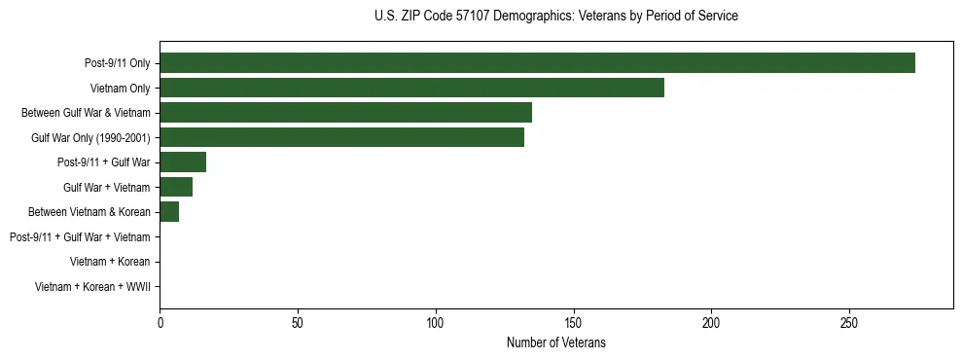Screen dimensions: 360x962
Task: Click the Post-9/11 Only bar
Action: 537,63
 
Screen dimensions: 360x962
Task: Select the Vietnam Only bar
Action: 411,88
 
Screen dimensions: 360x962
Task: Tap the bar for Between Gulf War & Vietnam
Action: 345,113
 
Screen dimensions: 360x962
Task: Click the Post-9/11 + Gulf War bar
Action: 183,162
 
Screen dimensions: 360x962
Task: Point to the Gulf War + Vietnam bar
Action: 176,187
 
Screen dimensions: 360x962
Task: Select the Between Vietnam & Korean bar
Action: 169,212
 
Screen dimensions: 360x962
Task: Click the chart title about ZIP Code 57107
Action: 555,17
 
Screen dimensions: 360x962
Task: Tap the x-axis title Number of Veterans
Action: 555,343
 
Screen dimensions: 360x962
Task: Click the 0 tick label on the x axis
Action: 160,322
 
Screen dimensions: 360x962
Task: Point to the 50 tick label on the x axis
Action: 298,322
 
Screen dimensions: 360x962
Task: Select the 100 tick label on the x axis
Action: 436,322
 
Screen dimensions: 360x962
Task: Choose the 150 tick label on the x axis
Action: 574,322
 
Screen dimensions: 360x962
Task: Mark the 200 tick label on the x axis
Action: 711,322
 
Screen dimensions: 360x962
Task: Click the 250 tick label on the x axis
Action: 849,322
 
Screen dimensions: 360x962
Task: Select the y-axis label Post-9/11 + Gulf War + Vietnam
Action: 80,237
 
